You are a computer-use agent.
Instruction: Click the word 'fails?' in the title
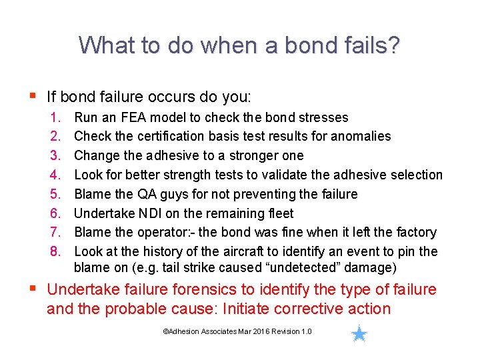point(374,45)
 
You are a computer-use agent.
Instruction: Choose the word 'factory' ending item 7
point(413,233)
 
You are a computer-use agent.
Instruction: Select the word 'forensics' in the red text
point(205,290)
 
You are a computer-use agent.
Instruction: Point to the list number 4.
point(55,175)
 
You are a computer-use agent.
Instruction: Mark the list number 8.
point(55,251)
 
